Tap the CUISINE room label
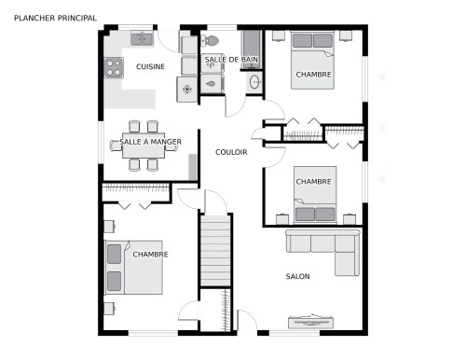click(x=150, y=67)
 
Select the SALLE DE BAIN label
click(x=230, y=60)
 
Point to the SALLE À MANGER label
click(x=150, y=142)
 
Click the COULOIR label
click(x=231, y=152)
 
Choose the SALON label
click(x=298, y=276)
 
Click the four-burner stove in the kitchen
click(x=114, y=67)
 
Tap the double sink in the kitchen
click(x=142, y=38)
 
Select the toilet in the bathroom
click(x=212, y=41)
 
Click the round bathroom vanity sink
click(x=254, y=83)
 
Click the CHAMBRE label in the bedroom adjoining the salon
click(x=314, y=181)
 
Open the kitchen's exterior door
click(x=169, y=39)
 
